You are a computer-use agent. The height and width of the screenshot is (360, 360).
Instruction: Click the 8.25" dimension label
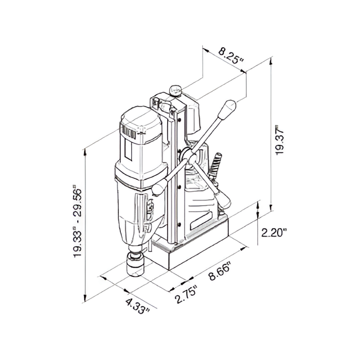230,56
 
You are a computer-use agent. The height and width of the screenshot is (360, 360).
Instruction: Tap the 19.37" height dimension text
279,140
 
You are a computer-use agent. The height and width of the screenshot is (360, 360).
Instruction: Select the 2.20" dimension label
274,233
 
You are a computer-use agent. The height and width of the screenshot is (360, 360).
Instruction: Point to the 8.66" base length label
220,272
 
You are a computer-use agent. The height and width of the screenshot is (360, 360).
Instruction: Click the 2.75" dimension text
186,294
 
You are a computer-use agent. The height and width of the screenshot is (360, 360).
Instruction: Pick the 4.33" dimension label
138,305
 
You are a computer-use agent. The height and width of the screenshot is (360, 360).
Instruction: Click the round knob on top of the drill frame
176,90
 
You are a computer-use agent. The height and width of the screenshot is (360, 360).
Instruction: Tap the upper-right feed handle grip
227,110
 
